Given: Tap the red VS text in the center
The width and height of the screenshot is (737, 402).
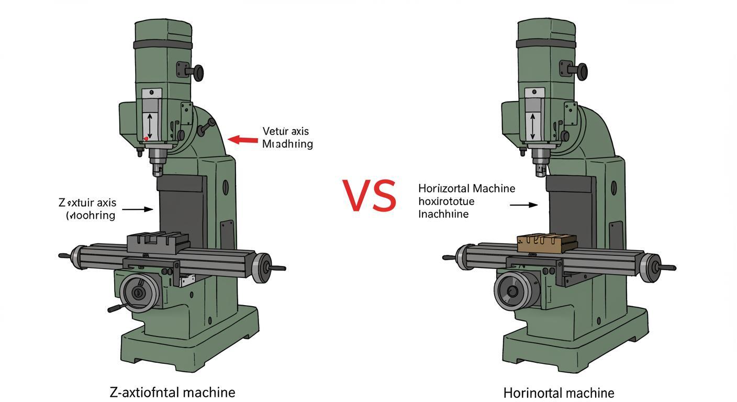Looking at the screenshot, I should pos(370,196).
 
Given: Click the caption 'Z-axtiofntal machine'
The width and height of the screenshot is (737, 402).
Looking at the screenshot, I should pos(172,392).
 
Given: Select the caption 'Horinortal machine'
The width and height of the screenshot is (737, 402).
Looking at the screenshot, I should pos(559,393).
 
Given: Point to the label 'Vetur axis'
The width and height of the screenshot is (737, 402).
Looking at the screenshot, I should pos(285,131).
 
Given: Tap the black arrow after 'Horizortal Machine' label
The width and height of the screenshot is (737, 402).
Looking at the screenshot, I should pos(523,205).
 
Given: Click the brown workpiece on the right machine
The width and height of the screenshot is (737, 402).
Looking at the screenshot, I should pos(547,243).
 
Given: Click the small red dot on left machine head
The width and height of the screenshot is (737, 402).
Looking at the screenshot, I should pos(147,139).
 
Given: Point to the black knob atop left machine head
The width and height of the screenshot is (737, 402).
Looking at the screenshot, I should pos(198,73).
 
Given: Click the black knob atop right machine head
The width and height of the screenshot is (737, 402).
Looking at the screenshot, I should pos(581,72).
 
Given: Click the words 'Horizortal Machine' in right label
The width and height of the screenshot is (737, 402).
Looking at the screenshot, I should pos(467,188).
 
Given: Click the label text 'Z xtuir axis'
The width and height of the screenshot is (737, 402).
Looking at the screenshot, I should pos(87,203).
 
